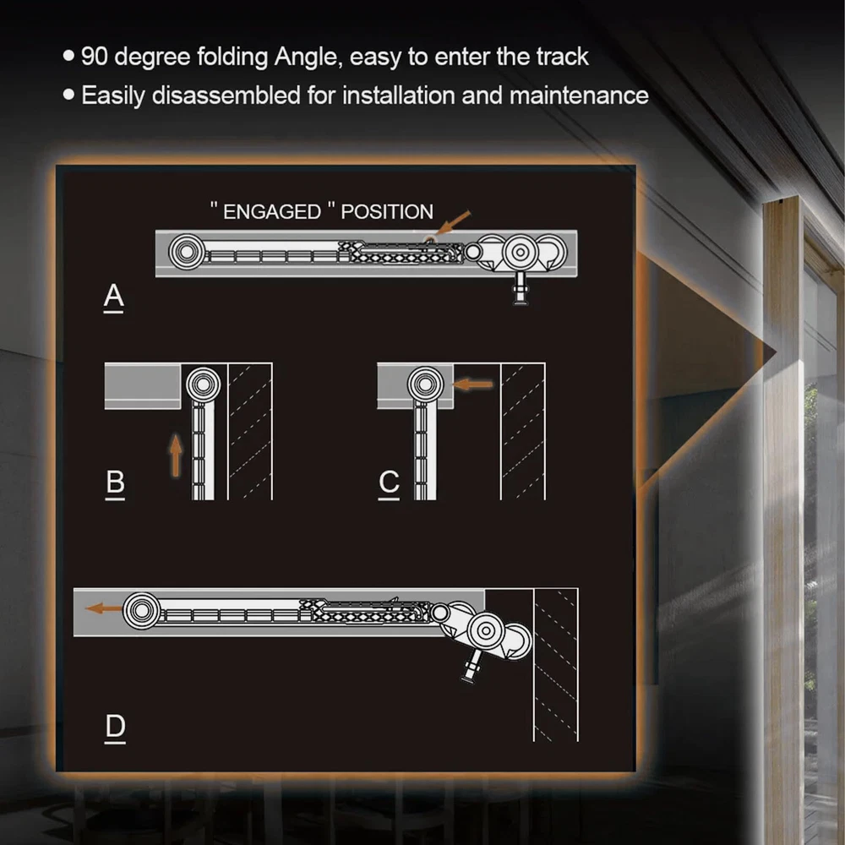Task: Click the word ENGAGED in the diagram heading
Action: pyautogui.click(x=272, y=212)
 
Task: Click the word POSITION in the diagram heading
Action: pyautogui.click(x=387, y=212)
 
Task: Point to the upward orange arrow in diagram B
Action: pyautogui.click(x=176, y=455)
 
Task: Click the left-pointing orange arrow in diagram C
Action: pyautogui.click(x=472, y=384)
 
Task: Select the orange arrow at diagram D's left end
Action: pyautogui.click(x=104, y=608)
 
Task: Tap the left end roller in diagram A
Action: pyautogui.click(x=187, y=252)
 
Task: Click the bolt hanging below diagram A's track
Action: pyautogui.click(x=520, y=289)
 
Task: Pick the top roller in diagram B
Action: pyautogui.click(x=203, y=384)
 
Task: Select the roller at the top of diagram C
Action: pyautogui.click(x=425, y=384)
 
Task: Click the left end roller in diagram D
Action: pyautogui.click(x=141, y=611)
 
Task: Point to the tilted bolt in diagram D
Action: pyautogui.click(x=472, y=667)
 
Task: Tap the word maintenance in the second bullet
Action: pyautogui.click(x=579, y=95)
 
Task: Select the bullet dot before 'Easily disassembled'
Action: pyautogui.click(x=68, y=95)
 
